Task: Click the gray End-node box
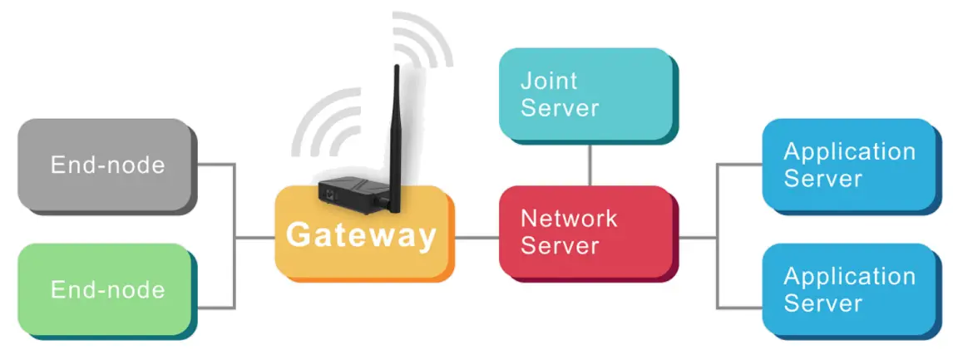tap(106, 164)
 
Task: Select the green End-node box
tap(106, 288)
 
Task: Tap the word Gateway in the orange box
tap(361, 235)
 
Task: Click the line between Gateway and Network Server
tap(477, 238)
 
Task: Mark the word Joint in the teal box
tap(548, 81)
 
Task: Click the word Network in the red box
tap(569, 219)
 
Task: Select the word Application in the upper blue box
tap(849, 151)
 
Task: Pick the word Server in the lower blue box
tap(822, 303)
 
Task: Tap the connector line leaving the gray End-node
tap(215, 164)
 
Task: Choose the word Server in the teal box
tap(560, 108)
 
